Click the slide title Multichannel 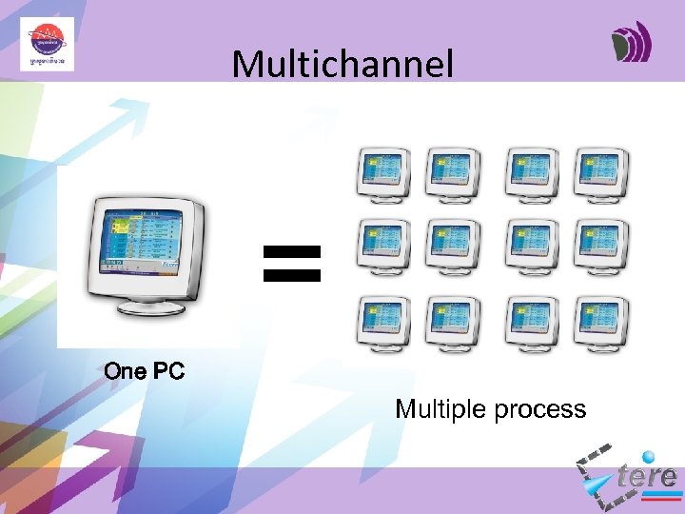342,65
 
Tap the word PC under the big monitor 167,371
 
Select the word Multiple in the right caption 439,410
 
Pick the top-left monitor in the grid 382,174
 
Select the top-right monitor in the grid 601,174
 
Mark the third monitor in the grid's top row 532,174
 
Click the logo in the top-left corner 47,44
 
